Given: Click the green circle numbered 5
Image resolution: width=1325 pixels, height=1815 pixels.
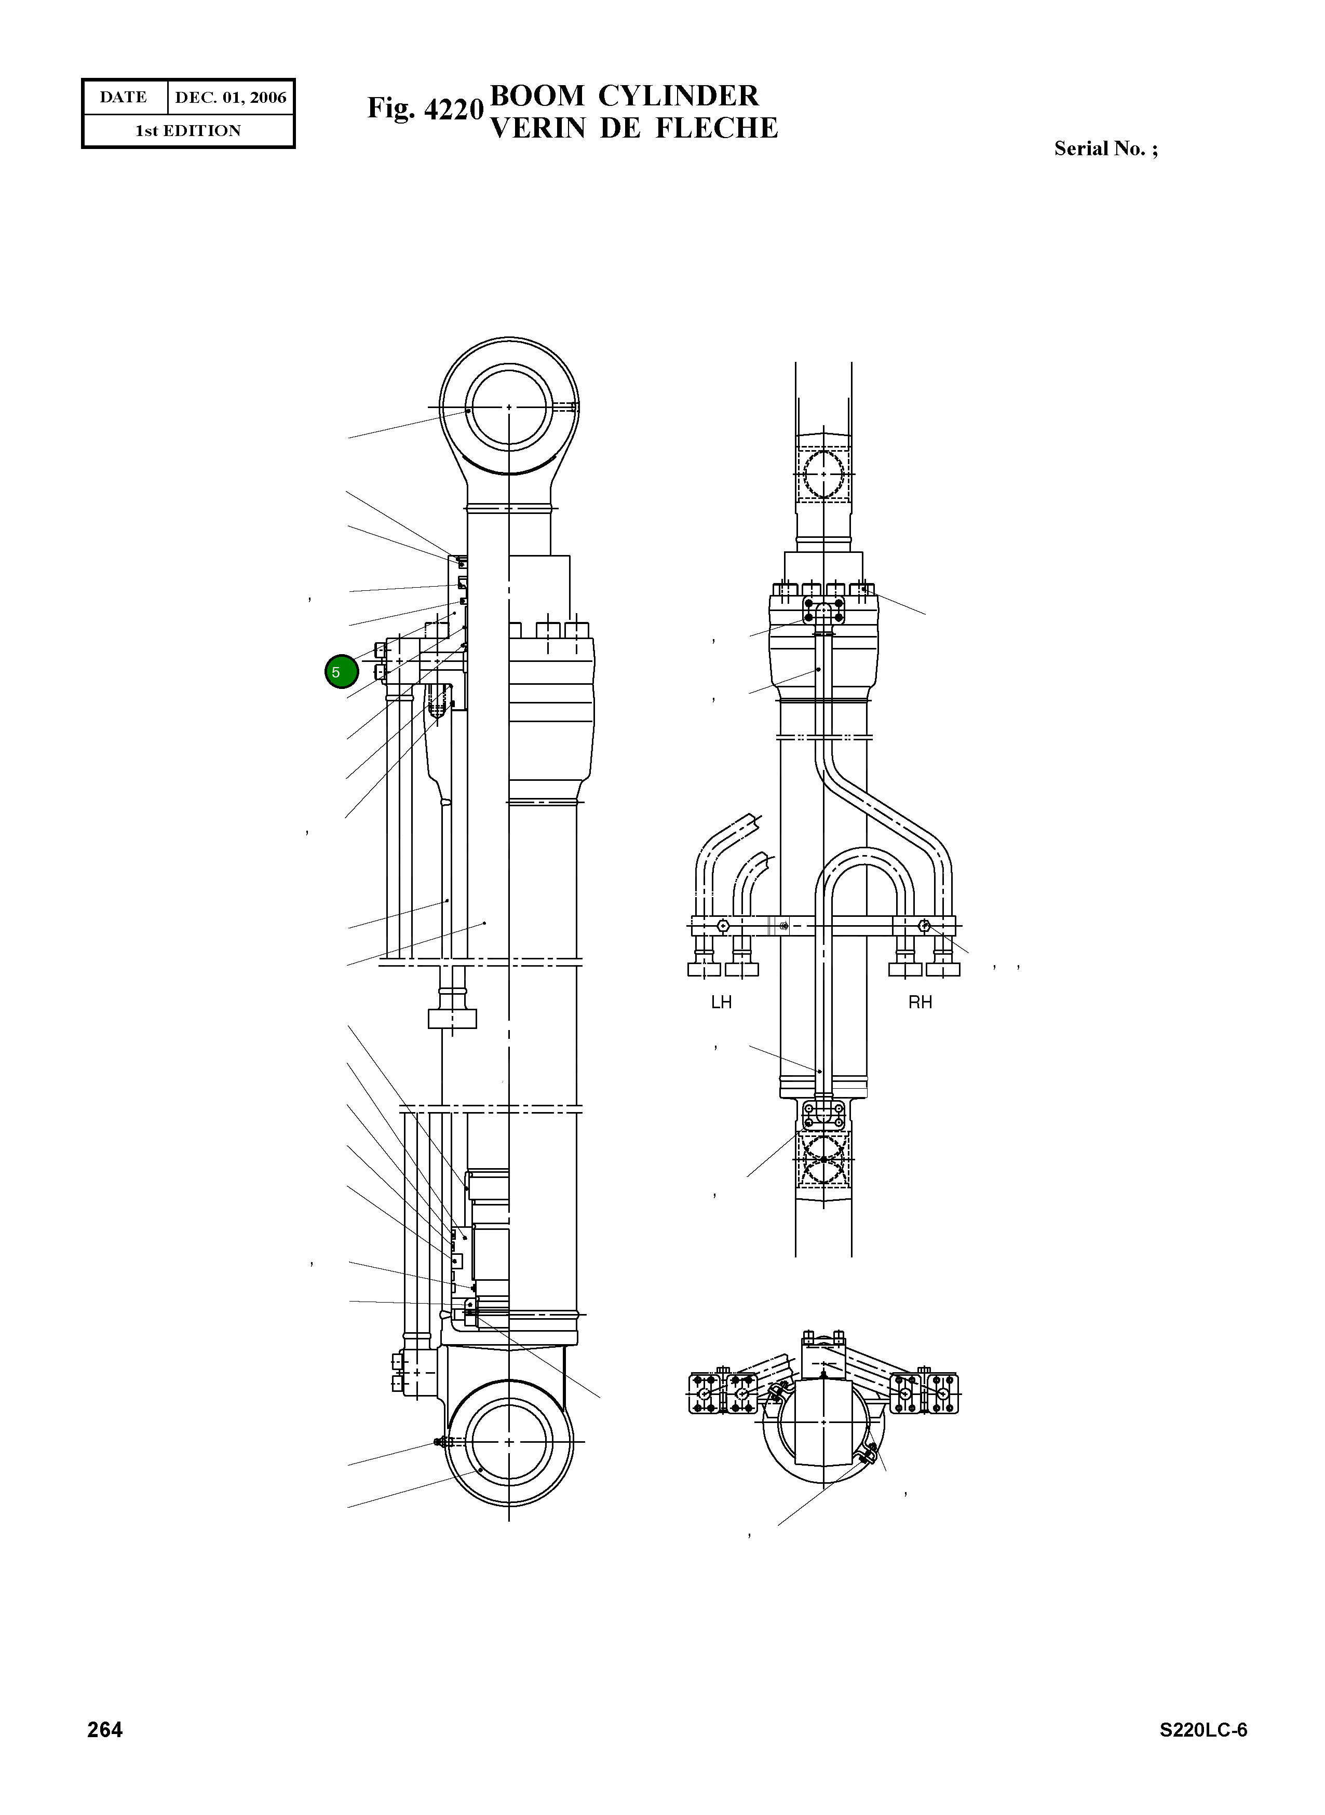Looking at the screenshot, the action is click(341, 671).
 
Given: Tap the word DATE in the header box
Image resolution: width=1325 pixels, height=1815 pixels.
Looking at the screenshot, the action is click(124, 97).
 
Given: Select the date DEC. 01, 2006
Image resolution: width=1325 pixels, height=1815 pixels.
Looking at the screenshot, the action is click(231, 98).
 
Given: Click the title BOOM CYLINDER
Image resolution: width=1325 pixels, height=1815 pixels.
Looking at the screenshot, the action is click(624, 96).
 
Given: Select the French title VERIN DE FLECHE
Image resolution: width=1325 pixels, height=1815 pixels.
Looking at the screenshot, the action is click(633, 128).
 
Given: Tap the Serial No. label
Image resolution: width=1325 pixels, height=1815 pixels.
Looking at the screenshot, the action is click(1106, 148).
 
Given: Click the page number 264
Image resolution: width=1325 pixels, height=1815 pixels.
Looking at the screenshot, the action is click(105, 1729).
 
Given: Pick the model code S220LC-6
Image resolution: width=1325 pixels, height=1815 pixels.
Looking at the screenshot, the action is click(1203, 1729).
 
